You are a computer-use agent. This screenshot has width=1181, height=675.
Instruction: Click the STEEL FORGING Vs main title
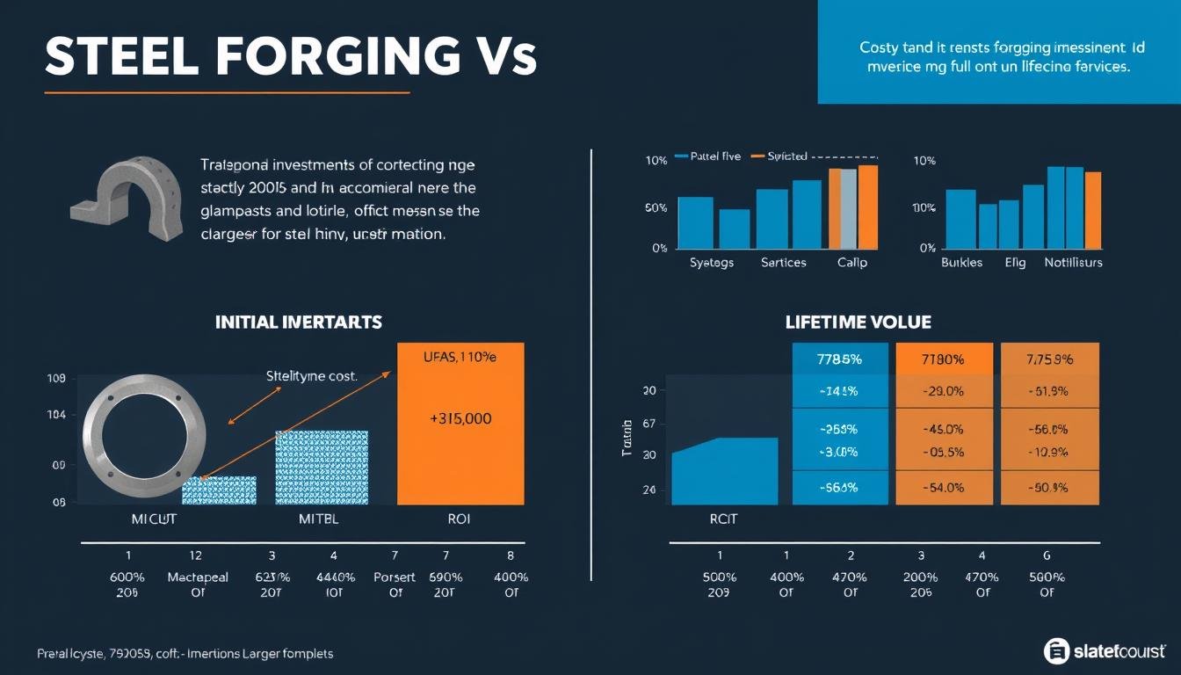[290, 57]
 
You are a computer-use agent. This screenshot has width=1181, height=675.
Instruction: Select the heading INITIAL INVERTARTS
[299, 322]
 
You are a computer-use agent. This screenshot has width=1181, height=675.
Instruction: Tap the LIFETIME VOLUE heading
[858, 323]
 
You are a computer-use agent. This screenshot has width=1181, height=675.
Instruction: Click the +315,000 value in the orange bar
[460, 419]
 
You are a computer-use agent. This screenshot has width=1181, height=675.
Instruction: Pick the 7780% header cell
[943, 359]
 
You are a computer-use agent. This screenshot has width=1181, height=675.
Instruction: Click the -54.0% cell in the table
[943, 487]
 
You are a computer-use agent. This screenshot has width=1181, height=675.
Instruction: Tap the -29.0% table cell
[943, 391]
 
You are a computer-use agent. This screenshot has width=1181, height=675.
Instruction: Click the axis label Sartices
[784, 262]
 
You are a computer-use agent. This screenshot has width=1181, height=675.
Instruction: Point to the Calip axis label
[851, 262]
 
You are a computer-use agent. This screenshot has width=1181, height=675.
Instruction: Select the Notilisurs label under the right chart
[1073, 262]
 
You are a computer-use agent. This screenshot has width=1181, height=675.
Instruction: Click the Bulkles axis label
[962, 262]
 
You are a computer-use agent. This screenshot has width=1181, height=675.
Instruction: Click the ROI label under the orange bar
[459, 519]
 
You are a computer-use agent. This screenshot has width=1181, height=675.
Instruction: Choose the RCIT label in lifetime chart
[722, 519]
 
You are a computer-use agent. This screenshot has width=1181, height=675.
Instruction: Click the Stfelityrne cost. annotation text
[311, 376]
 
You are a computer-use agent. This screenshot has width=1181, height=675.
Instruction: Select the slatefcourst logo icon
[1057, 650]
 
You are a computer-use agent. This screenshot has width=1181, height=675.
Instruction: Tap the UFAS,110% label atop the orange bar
[460, 359]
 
